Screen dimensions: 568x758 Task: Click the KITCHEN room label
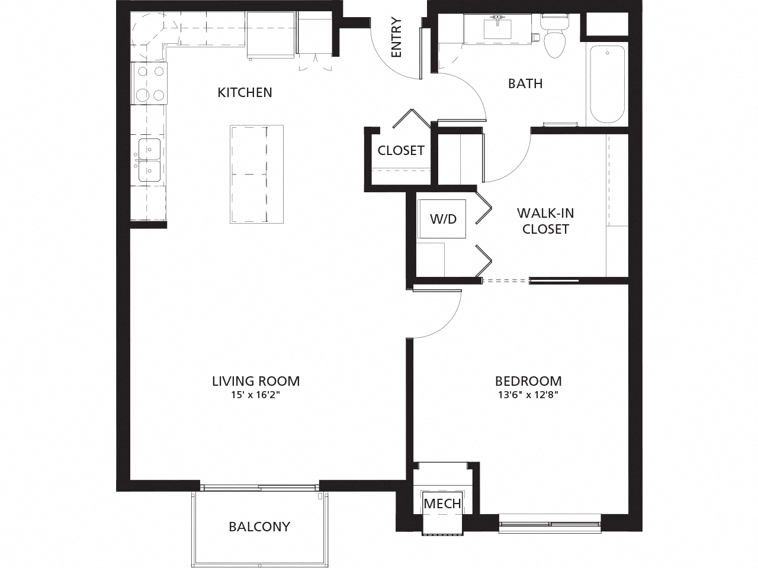pyautogui.click(x=245, y=92)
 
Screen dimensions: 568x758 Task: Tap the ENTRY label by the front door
pyautogui.click(x=396, y=38)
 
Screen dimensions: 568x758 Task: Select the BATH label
pyautogui.click(x=525, y=83)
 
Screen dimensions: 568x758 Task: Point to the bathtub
pyautogui.click(x=607, y=84)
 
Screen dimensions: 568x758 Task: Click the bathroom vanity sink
pyautogui.click(x=497, y=28)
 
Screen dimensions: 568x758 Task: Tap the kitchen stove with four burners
pyautogui.click(x=149, y=83)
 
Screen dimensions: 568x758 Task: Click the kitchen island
pyautogui.click(x=256, y=174)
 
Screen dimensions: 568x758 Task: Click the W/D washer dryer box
pyautogui.click(x=442, y=218)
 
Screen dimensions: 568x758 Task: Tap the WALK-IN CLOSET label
pyautogui.click(x=545, y=221)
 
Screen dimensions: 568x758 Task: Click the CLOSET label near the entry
pyautogui.click(x=401, y=150)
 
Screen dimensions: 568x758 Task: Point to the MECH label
pyautogui.click(x=442, y=504)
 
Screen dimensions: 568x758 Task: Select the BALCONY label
pyautogui.click(x=259, y=526)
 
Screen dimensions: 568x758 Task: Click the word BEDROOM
pyautogui.click(x=528, y=380)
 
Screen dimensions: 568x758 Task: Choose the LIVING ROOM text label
pyautogui.click(x=256, y=380)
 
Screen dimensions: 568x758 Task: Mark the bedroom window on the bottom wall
pyautogui.click(x=550, y=523)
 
